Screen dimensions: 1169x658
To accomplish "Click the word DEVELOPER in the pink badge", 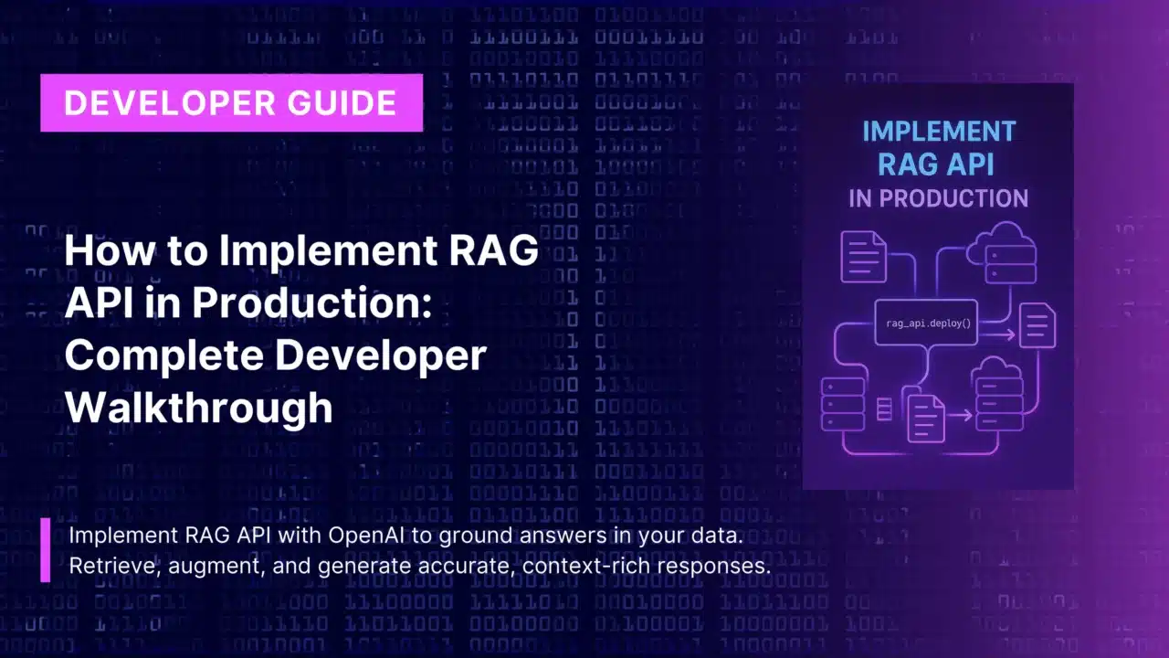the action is point(170,103).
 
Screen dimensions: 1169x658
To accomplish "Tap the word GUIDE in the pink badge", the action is point(342,103).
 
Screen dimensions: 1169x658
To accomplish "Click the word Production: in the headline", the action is point(312,302).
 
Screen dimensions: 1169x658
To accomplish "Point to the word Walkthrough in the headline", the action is point(198,408).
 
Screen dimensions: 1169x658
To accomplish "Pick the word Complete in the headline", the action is point(164,356).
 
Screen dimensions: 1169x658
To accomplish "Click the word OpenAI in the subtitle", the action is point(366,536).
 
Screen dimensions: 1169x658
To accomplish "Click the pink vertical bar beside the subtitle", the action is point(46,550).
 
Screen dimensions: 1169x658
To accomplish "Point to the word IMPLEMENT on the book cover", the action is point(939,131).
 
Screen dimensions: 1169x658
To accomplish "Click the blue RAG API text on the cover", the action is point(936,164).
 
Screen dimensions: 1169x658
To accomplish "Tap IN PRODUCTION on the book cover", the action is point(938,198).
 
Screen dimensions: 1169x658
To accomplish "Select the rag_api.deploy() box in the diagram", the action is point(926,323).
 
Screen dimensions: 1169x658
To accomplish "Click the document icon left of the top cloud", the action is point(864,257).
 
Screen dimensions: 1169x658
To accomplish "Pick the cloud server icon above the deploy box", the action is point(1002,253).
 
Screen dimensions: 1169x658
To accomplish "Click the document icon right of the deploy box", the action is point(1037,324).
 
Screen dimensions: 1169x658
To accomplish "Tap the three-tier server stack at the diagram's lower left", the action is point(843,404).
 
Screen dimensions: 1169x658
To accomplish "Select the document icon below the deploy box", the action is point(926,419).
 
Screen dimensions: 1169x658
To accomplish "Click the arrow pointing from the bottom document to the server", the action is point(959,416).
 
